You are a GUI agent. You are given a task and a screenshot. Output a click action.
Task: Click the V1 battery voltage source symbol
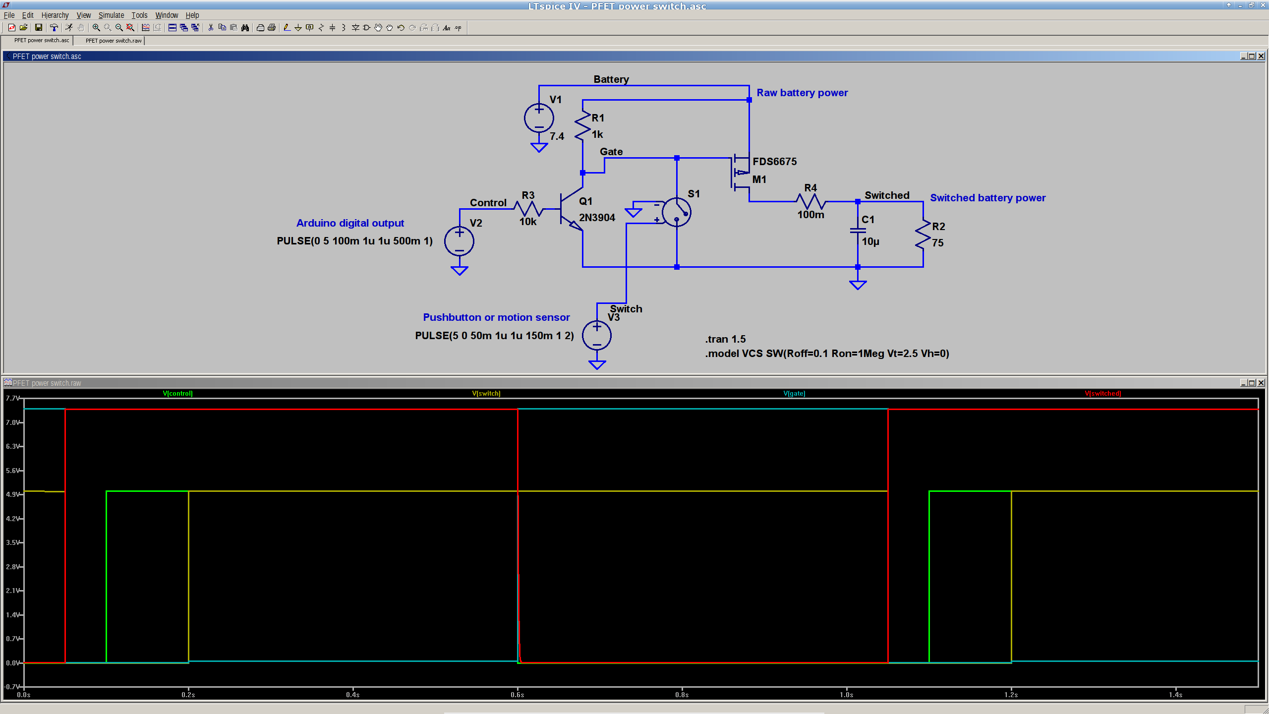pyautogui.click(x=539, y=118)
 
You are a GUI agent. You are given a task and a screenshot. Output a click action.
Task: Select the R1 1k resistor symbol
pyautogui.click(x=582, y=126)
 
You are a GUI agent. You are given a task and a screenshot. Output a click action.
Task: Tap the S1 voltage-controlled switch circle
pyautogui.click(x=676, y=212)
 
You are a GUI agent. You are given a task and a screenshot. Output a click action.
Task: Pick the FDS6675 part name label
pyautogui.click(x=774, y=162)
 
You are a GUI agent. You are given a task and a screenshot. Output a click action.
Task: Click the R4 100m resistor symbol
pyautogui.click(x=810, y=201)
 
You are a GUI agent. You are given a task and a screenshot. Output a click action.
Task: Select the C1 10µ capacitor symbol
pyautogui.click(x=858, y=231)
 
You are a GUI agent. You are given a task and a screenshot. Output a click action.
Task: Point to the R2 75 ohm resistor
pyautogui.click(x=923, y=235)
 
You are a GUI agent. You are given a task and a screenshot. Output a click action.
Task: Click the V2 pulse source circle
pyautogui.click(x=459, y=241)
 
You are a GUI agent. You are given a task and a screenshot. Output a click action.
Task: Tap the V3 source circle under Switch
pyautogui.click(x=597, y=335)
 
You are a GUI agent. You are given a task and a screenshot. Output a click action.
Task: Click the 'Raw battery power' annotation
pyautogui.click(x=802, y=93)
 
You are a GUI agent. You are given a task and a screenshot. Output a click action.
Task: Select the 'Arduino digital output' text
pyautogui.click(x=350, y=223)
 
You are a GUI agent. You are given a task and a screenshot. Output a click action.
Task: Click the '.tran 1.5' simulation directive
pyautogui.click(x=725, y=339)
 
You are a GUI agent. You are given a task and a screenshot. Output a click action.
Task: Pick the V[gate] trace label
pyautogui.click(x=794, y=393)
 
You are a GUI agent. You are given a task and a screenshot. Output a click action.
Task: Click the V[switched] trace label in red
pyautogui.click(x=1102, y=393)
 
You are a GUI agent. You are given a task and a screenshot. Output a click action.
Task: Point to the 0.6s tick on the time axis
pyautogui.click(x=518, y=695)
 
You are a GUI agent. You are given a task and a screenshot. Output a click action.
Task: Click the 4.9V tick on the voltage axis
pyautogui.click(x=13, y=494)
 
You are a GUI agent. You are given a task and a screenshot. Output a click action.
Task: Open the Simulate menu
pyautogui.click(x=111, y=15)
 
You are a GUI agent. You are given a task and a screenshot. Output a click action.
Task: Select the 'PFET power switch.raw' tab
pyautogui.click(x=114, y=41)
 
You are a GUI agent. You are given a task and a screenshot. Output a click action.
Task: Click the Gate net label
pyautogui.click(x=611, y=152)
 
